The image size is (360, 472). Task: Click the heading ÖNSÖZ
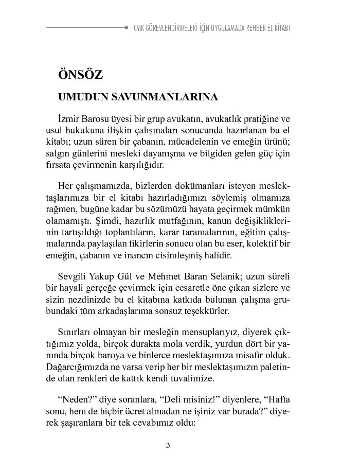81,75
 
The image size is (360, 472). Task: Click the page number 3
168,445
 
